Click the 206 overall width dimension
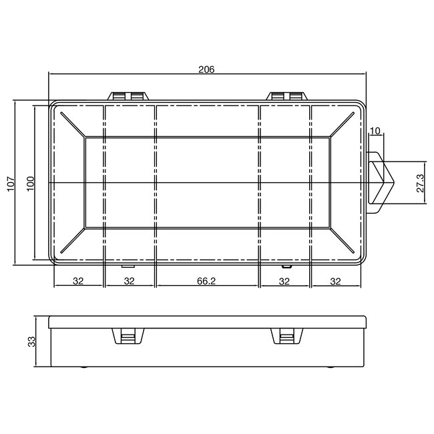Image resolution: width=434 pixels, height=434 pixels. pos(206,70)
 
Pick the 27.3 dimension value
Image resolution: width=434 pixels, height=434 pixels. pos(420,182)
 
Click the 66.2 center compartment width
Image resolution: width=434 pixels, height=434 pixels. pos(206,281)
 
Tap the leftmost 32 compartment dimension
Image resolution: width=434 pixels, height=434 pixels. pos(77,281)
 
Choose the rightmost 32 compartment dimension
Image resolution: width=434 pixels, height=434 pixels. pos(336,281)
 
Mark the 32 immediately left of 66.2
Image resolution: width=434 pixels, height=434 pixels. pos(130,281)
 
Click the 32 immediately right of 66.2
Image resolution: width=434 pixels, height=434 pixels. pos(284,281)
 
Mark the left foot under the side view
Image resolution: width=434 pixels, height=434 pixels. pos(83,367)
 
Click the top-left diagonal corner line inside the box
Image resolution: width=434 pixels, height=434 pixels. pos(72,125)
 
